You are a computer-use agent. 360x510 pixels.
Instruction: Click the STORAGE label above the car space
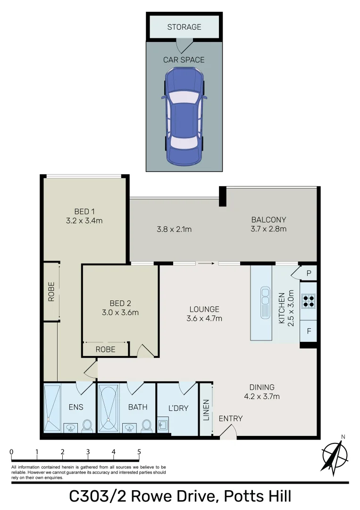tap(184, 27)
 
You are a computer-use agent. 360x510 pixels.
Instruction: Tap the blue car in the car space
tap(184, 116)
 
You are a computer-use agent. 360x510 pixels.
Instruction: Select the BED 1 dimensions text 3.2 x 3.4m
tap(85, 220)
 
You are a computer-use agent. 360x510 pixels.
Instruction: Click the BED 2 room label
tap(120, 303)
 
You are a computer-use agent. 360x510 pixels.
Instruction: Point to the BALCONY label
tap(268, 220)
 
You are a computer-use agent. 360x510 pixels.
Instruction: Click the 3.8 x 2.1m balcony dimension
tap(173, 229)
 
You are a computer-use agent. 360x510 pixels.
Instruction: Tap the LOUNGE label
tap(204, 309)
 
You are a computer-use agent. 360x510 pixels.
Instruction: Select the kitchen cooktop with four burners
tap(308, 301)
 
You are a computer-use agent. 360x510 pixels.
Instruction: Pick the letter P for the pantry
tap(309, 273)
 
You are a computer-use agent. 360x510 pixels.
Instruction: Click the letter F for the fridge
tap(309, 331)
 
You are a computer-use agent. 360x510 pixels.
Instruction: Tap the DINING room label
tap(262, 387)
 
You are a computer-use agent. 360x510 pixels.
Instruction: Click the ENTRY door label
tap(231, 418)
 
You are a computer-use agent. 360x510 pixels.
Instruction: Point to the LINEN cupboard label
tap(206, 409)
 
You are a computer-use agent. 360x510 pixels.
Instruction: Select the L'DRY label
tap(178, 408)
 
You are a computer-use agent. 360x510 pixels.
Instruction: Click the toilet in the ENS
tap(87, 426)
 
